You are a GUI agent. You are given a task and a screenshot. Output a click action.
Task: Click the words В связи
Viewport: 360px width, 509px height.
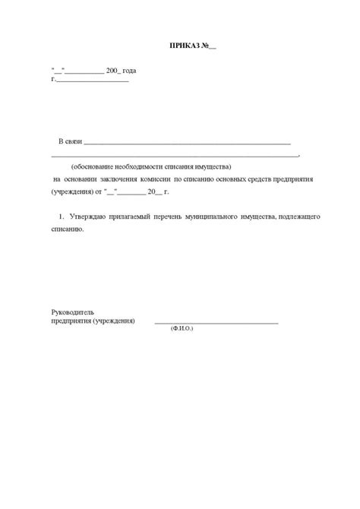coord(71,142)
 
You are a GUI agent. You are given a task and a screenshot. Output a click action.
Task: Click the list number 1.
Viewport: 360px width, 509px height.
coord(60,217)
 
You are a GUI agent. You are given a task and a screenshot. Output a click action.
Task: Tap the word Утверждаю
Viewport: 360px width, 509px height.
coord(89,217)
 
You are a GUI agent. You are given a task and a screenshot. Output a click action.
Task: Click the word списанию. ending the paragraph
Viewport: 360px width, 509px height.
coord(68,229)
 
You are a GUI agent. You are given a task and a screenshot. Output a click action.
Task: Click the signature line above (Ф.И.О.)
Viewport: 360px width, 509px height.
coord(216,322)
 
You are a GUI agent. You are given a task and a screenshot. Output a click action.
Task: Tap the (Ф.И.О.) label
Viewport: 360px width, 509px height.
coord(182,330)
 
